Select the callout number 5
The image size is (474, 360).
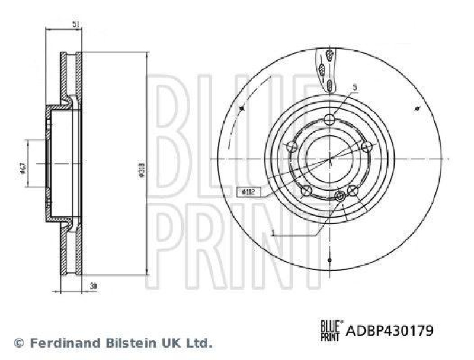point(354,88)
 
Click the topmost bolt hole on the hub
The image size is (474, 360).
point(330,120)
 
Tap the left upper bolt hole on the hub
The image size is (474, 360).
point(292,146)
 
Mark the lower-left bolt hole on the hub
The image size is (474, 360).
point(307,191)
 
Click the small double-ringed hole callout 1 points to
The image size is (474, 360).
point(340,196)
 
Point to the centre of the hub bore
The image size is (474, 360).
point(330,159)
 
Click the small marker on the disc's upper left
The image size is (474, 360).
point(242,109)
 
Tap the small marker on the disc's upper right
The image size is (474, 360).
point(418,109)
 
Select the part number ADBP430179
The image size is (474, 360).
point(389,330)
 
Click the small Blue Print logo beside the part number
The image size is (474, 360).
point(331,329)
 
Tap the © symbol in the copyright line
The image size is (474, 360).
point(18,343)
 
